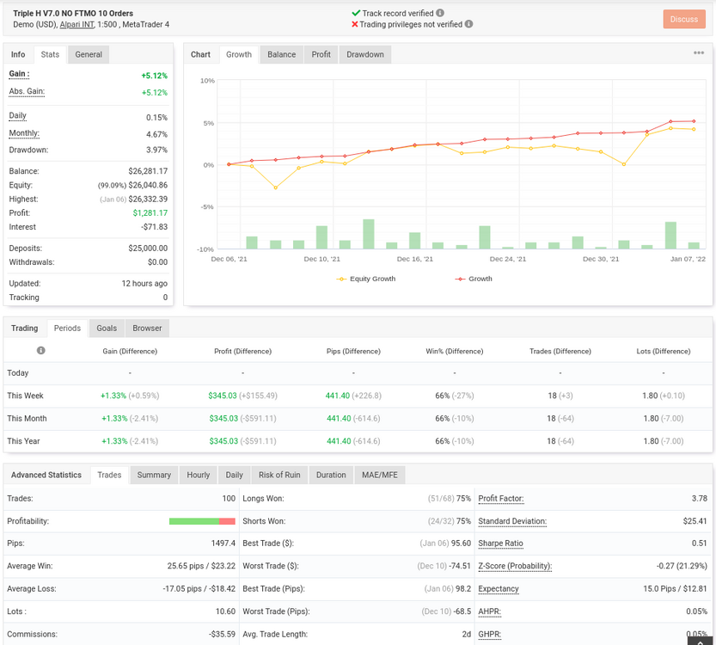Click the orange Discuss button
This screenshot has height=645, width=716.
pyautogui.click(x=684, y=19)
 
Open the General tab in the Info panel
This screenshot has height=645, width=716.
pyautogui.click(x=89, y=54)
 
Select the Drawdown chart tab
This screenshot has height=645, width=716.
pyautogui.click(x=364, y=54)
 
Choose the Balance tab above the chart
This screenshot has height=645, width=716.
pyautogui.click(x=281, y=54)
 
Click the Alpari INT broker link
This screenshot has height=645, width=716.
pyautogui.click(x=76, y=24)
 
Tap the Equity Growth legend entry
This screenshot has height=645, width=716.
pyautogui.click(x=366, y=279)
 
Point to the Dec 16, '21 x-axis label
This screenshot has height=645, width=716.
pyautogui.click(x=414, y=259)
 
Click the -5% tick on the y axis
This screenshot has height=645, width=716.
pyautogui.click(x=208, y=207)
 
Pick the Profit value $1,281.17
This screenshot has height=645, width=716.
pyautogui.click(x=150, y=213)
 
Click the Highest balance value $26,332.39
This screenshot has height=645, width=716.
pyautogui.click(x=148, y=200)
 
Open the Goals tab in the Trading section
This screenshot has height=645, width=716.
pyautogui.click(x=107, y=328)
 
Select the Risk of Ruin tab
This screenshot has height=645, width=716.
pyautogui.click(x=279, y=475)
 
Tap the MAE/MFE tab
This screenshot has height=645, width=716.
pyautogui.click(x=379, y=475)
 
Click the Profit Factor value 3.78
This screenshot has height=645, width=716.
pyautogui.click(x=699, y=498)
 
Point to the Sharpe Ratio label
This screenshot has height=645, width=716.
pyautogui.click(x=500, y=544)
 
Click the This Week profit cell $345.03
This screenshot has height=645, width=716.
pyautogui.click(x=223, y=396)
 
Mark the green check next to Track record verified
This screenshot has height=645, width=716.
pyautogui.click(x=356, y=13)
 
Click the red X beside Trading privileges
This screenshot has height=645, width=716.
pyautogui.click(x=355, y=24)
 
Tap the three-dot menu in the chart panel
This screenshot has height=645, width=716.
pyautogui.click(x=699, y=53)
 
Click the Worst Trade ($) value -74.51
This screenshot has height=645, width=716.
pyautogui.click(x=460, y=566)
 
